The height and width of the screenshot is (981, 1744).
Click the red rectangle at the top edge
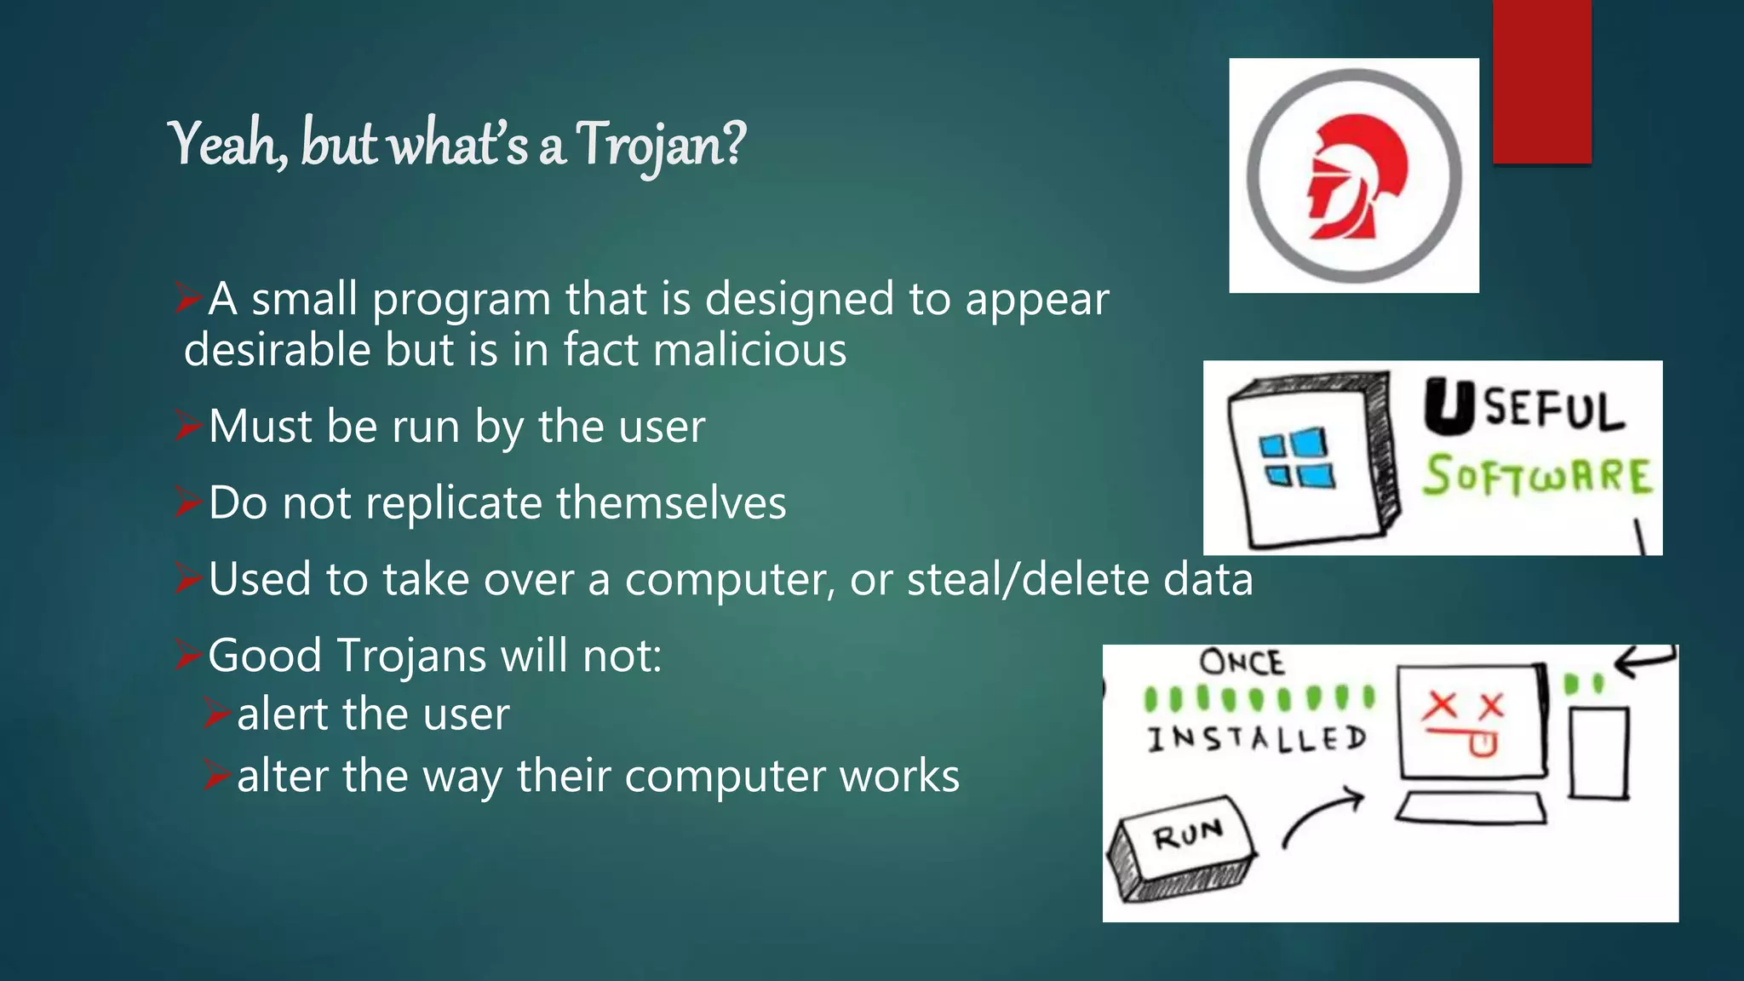click(x=1541, y=81)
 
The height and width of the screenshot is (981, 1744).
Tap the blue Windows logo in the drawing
click(x=1296, y=459)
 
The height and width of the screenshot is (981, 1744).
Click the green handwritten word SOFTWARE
click(x=1537, y=476)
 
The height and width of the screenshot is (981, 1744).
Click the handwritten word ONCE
click(x=1241, y=663)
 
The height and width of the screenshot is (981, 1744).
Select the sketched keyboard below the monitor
click(x=1471, y=808)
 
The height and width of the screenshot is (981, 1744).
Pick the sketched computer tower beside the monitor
click(x=1598, y=754)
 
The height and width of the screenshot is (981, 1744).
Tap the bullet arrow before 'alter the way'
click(x=216, y=776)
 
